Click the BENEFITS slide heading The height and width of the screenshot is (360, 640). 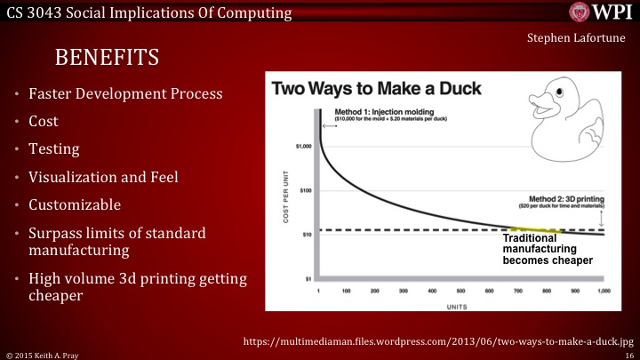[108, 58]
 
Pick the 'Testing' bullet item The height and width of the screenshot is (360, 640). [56, 148]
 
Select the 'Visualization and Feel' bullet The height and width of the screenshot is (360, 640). [104, 176]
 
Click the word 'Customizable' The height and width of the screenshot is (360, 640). [75, 204]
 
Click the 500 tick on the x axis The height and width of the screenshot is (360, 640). [460, 290]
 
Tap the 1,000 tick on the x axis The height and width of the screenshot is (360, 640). [604, 290]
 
